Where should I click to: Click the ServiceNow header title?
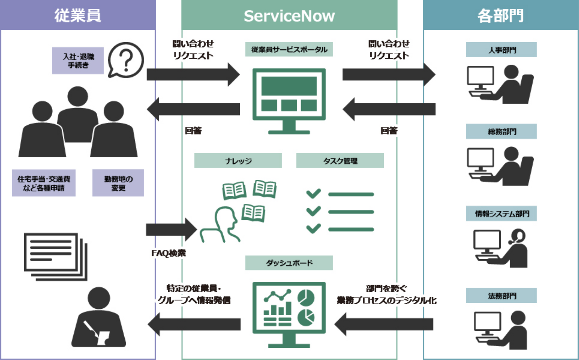289,16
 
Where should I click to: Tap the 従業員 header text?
78,16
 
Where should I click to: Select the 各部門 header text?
501,16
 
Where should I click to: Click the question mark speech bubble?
126,60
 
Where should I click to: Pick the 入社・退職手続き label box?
78,60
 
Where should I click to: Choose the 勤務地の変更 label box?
118,183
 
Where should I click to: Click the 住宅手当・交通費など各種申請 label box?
44,183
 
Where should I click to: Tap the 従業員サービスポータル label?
289,50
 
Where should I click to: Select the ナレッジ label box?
238,161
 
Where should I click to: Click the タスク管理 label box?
340,161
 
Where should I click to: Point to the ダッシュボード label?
289,263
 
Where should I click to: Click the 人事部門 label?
501,50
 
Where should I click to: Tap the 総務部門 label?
501,132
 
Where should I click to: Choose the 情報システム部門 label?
501,214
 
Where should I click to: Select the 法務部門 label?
501,296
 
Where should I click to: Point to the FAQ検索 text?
168,253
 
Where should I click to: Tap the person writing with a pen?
99,318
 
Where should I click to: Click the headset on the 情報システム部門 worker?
517,236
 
